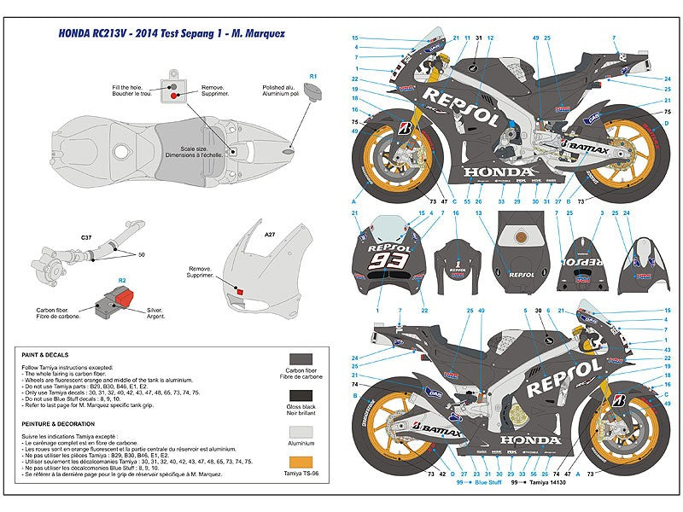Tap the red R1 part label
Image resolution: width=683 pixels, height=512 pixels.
[x=313, y=77]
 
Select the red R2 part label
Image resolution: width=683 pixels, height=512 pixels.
[x=122, y=279]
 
